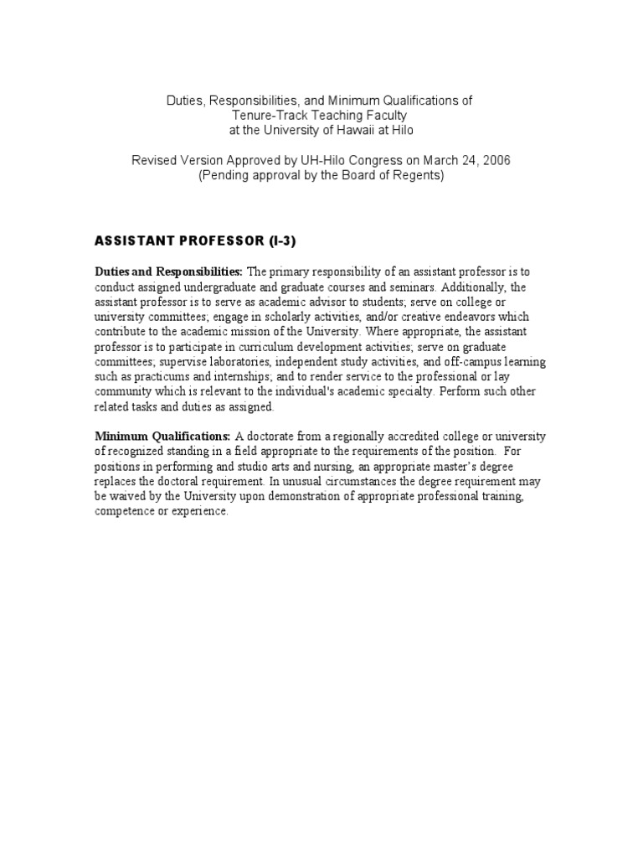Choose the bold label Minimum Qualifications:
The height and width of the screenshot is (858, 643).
point(162,437)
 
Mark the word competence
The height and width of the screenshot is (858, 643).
point(126,512)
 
